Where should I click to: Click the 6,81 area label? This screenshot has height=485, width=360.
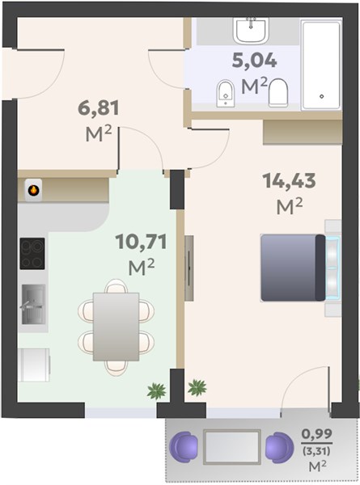[99, 108]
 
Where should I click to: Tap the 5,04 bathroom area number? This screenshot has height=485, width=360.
[255, 61]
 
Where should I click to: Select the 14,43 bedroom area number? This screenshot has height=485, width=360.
[289, 180]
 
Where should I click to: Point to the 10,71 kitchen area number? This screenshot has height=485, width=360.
[141, 242]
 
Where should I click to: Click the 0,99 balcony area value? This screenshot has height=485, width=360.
[317, 433]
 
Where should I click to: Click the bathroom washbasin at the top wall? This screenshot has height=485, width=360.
[251, 30]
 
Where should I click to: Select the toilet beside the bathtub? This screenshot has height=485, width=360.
[278, 92]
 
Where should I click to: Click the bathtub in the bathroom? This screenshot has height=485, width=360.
[321, 65]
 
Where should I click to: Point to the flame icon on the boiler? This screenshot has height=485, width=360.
[33, 190]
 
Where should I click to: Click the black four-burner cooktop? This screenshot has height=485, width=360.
[32, 254]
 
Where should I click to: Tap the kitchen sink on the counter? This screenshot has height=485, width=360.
[33, 305]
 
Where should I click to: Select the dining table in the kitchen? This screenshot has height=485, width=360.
[116, 327]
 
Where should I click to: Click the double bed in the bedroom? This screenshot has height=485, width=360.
[293, 268]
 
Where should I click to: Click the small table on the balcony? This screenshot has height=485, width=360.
[232, 447]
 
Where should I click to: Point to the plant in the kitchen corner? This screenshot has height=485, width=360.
[157, 391]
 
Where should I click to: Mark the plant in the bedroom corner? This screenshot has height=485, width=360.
[197, 387]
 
